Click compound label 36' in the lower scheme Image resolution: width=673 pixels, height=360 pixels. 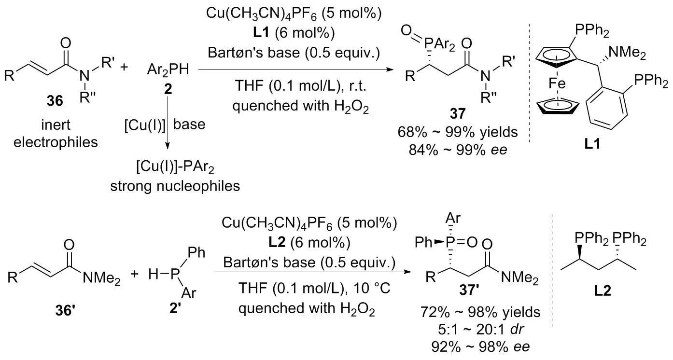pos(66,307)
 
